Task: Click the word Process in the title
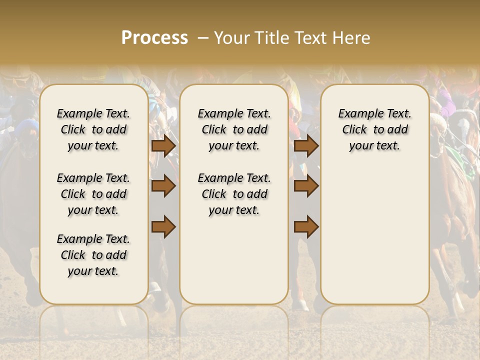pyautogui.click(x=154, y=38)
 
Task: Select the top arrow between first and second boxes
pyautogui.click(x=163, y=145)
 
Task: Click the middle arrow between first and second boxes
pyautogui.click(x=163, y=186)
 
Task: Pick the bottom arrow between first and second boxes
pyautogui.click(x=163, y=226)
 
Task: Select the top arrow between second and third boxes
pyautogui.click(x=306, y=145)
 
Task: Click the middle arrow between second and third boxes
pyautogui.click(x=306, y=186)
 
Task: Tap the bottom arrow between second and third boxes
pyautogui.click(x=306, y=226)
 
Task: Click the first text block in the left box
pyautogui.click(x=93, y=129)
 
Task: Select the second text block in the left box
pyautogui.click(x=93, y=194)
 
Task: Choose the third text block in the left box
pyautogui.click(x=93, y=255)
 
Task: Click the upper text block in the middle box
pyautogui.click(x=234, y=129)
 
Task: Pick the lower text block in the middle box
pyautogui.click(x=234, y=194)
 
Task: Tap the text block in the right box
pyautogui.click(x=374, y=129)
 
